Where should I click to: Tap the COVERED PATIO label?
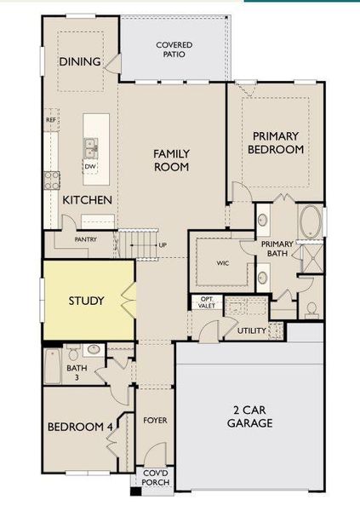[x=174, y=49]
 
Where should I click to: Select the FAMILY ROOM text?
[x=171, y=160]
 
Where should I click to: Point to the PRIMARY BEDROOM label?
[x=275, y=142]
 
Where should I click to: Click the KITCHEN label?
[x=88, y=199]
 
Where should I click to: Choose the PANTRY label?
[x=85, y=239]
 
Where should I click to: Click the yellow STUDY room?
[x=86, y=301]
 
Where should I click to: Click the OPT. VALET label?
[x=207, y=302]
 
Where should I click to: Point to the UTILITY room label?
[x=253, y=330]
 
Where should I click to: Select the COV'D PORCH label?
[x=156, y=478]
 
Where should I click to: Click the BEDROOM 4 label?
[x=80, y=427]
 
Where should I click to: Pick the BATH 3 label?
[x=54, y=372]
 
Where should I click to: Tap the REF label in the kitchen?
[x=51, y=121]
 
